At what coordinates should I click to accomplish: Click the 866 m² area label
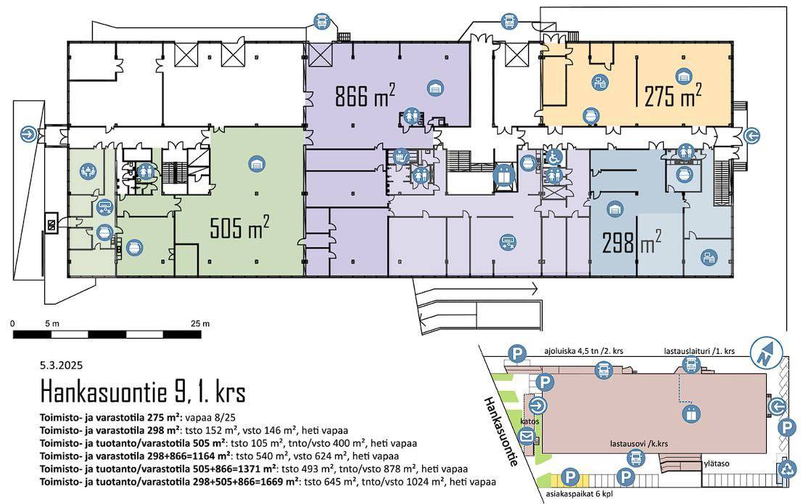point(365,96)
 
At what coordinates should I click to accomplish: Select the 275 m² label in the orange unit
point(672,95)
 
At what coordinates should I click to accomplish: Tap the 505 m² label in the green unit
point(239,228)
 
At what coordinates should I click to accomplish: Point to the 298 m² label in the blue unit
point(631,242)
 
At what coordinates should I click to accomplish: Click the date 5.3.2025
point(61,365)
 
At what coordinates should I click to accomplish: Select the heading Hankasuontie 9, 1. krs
point(143,392)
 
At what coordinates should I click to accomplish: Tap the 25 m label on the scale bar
point(199,323)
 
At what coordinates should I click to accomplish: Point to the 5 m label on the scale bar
point(52,323)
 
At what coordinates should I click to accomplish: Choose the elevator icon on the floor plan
point(503,175)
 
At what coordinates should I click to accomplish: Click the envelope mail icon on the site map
point(527,437)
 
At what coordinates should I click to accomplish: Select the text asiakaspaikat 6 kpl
point(578,495)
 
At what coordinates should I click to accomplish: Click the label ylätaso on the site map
point(717,464)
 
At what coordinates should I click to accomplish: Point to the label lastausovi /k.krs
point(638,444)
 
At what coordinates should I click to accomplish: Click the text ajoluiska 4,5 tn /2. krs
point(583,352)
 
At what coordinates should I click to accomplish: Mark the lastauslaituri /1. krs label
point(699,352)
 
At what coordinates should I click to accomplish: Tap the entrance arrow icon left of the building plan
point(29,135)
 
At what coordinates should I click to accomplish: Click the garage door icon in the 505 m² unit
point(257,164)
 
